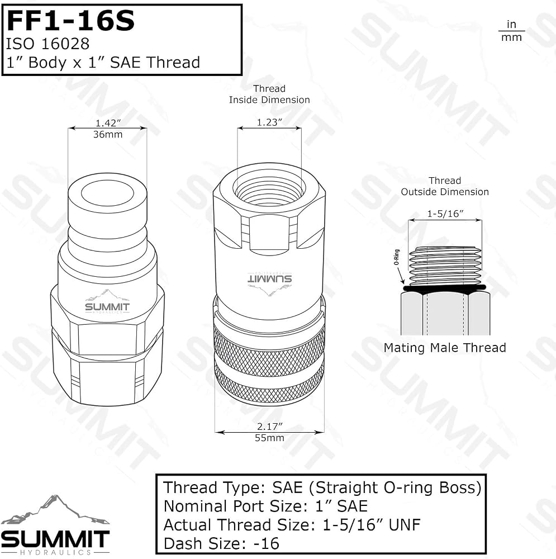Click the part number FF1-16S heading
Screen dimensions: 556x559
tap(70, 21)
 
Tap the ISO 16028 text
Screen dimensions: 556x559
tap(47, 44)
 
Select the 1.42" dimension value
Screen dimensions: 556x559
tap(108, 122)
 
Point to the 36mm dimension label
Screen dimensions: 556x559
tap(108, 134)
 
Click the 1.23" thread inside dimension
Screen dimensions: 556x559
tap(269, 122)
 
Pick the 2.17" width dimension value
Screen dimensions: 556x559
tap(269, 427)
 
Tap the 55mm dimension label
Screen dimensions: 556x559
tap(269, 438)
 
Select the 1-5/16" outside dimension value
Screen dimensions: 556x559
tap(445, 214)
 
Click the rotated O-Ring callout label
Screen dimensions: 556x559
tap(396, 257)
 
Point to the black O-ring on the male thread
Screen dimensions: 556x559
tap(445, 287)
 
